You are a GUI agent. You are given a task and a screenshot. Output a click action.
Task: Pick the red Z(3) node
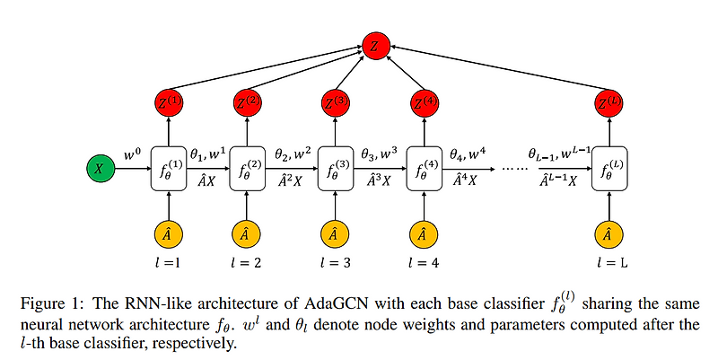[x=334, y=104]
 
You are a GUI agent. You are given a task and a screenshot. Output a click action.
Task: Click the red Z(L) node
[x=609, y=104]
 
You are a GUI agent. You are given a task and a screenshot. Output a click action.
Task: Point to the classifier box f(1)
[x=170, y=167]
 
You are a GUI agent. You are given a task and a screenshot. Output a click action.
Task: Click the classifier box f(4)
[x=421, y=167]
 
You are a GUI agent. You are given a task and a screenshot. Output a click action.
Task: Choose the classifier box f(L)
[x=609, y=167]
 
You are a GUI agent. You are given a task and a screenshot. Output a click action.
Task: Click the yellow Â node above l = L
[x=609, y=234]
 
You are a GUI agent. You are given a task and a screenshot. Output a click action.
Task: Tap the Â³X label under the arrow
[x=378, y=180]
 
